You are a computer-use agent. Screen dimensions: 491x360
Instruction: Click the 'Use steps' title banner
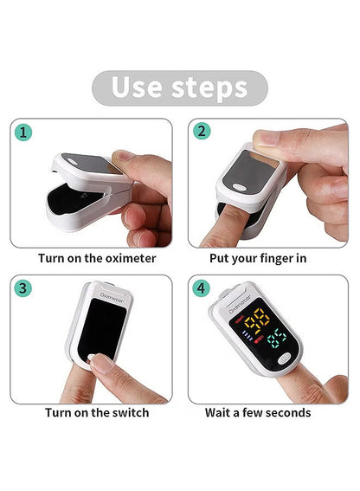180,87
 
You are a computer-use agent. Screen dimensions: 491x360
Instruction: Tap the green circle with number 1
25,132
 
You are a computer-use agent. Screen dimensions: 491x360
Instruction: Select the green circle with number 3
25,288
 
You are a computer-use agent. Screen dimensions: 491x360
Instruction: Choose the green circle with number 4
202,288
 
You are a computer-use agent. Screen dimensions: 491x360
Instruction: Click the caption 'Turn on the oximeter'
97,257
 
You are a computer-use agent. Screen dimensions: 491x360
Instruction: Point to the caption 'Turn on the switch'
97,412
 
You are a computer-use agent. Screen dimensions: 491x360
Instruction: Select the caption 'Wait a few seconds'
258,412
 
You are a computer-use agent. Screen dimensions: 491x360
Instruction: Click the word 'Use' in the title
137,87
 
